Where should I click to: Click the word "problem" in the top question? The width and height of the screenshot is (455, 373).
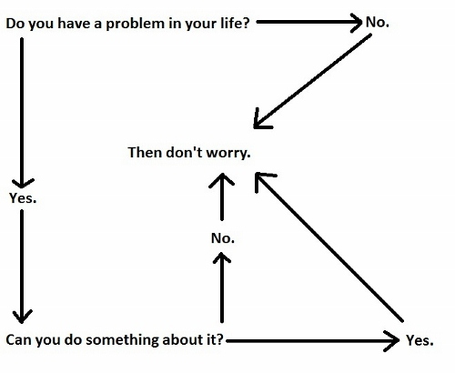point(135,24)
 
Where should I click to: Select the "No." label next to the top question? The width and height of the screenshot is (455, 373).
point(378,22)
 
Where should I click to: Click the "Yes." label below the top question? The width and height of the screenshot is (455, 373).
point(23,198)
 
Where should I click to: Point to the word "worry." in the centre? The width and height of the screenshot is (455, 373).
point(228,153)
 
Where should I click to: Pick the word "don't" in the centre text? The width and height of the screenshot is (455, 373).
point(184,152)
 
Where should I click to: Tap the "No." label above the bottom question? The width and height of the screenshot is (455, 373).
point(223,238)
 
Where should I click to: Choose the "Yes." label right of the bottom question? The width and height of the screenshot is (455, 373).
point(420,340)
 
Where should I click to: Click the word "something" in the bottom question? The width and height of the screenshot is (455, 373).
point(122,340)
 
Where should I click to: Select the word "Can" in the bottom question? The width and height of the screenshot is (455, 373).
point(19,339)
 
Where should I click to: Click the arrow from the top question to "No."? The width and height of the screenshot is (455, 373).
point(309,22)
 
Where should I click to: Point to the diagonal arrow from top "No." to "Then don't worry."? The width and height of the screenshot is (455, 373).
point(312,81)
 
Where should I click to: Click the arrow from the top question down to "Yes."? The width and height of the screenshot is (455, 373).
point(22,113)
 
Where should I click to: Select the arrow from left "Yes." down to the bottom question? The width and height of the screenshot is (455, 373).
point(22,267)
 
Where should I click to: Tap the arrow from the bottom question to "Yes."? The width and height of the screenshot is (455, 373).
point(313,341)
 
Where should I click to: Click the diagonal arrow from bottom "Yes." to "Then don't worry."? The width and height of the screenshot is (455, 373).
point(329,247)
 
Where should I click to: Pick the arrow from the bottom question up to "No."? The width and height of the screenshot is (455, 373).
point(222,287)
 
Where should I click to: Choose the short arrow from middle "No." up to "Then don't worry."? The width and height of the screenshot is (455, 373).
point(222,197)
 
